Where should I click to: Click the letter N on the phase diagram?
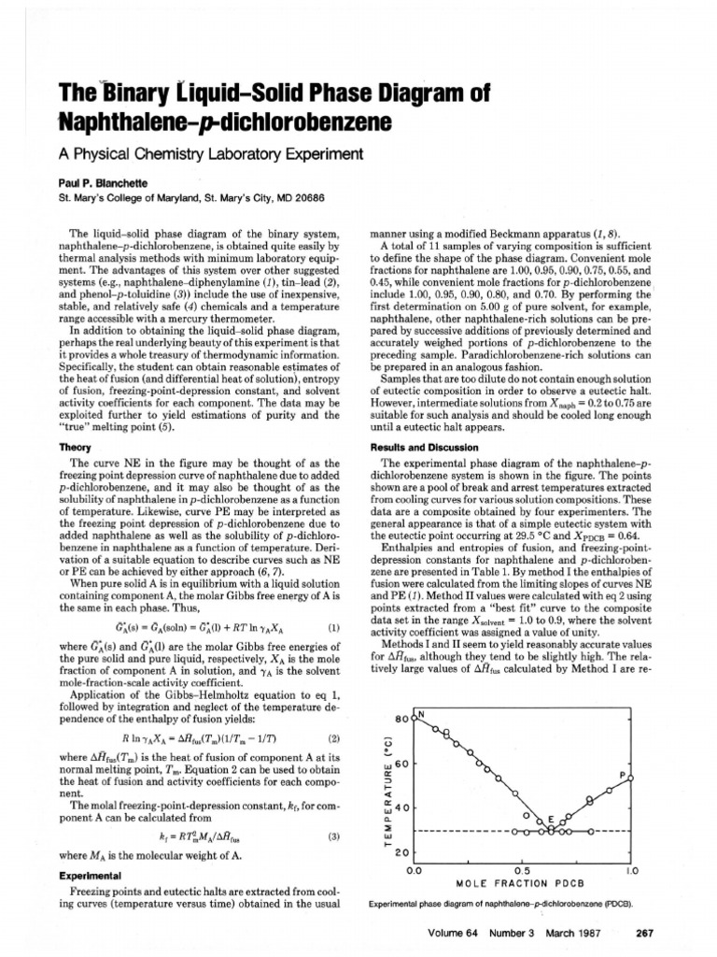(421, 715)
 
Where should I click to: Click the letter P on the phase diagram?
(622, 775)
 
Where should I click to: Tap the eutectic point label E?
(551, 819)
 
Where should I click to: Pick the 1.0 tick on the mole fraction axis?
(630, 870)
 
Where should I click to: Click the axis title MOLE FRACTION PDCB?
(521, 883)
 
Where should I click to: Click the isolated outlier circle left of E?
(527, 815)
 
